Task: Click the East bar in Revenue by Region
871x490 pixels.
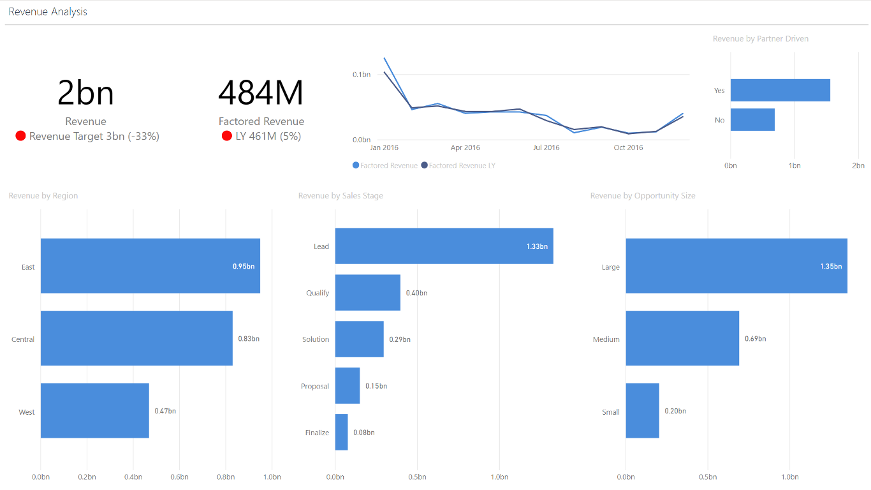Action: point(150,266)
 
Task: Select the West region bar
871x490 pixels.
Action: point(95,411)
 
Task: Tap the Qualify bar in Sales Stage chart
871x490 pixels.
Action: point(368,293)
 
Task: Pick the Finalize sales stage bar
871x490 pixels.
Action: point(342,433)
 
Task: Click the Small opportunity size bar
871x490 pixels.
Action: point(642,411)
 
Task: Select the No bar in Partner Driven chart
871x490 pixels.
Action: point(752,120)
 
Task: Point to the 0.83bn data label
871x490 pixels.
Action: point(249,339)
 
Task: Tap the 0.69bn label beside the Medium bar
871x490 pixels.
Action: point(756,339)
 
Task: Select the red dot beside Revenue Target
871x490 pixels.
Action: point(20,136)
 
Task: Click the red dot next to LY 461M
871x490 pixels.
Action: point(226,136)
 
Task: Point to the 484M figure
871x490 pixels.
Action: point(261,93)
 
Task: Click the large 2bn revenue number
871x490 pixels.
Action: point(85,93)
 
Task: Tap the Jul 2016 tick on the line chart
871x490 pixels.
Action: point(546,148)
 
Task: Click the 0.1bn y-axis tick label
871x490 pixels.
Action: point(362,75)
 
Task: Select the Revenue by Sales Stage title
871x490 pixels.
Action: point(340,196)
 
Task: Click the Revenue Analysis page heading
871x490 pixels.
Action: point(48,11)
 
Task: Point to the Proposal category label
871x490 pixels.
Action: point(315,387)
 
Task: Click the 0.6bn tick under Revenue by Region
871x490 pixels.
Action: point(179,477)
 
